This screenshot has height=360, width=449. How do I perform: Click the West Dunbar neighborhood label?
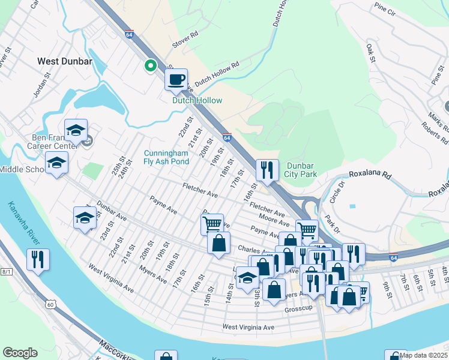coord(64,61)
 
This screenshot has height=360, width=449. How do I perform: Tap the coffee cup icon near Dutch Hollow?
coord(176,80)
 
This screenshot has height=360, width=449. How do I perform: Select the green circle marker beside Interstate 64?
coord(150,65)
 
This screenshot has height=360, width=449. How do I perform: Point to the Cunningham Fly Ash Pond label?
coord(166,157)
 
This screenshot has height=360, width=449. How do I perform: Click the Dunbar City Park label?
coord(300,170)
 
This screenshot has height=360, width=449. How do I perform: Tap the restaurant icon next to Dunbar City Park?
coord(267,170)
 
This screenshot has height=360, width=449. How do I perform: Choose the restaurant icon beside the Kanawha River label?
coord(38,260)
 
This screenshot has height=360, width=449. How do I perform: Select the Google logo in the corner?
coord(20,352)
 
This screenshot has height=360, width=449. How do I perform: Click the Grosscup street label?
coord(299,308)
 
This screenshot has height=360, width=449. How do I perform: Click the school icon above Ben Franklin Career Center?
coord(76,130)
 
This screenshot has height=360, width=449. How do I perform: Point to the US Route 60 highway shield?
coord(51,305)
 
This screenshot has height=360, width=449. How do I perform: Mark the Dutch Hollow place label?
coord(197,101)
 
